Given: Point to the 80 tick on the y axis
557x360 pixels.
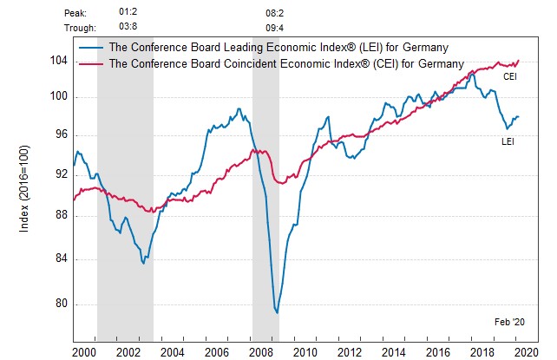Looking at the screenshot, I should [x=61, y=304].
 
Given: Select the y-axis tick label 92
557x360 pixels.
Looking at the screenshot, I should [x=61, y=174].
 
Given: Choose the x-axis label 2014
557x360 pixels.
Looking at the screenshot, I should [x=394, y=352].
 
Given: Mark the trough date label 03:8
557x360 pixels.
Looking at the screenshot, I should [x=128, y=27].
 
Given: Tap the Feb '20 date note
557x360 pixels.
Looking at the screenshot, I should [x=509, y=322].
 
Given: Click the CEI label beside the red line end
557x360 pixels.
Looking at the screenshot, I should [x=511, y=77].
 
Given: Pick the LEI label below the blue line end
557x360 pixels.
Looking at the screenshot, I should [x=508, y=141].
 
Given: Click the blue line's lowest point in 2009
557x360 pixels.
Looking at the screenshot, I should [x=278, y=312].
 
